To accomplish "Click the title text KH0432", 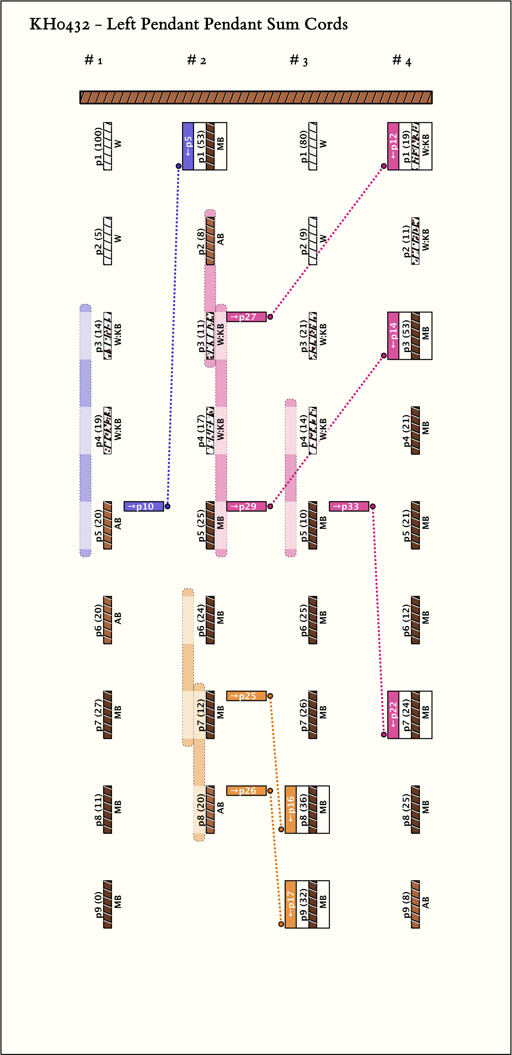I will [x=59, y=25].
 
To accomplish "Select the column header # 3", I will [x=299, y=61].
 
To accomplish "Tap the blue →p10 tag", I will [x=144, y=506].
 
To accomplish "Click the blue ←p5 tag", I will [x=188, y=146].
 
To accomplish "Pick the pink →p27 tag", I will [x=246, y=317].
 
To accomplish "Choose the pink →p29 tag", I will [x=246, y=506].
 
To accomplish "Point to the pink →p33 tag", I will [x=349, y=506].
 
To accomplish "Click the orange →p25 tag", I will [x=246, y=696].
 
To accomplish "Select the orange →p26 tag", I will [x=246, y=790].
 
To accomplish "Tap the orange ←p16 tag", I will [x=290, y=809].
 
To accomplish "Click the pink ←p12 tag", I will [x=393, y=146].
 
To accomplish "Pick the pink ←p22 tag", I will [x=393, y=715].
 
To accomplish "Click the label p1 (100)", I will [x=98, y=146].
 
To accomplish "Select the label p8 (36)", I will [x=304, y=809].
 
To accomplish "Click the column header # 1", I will [x=93, y=61].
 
